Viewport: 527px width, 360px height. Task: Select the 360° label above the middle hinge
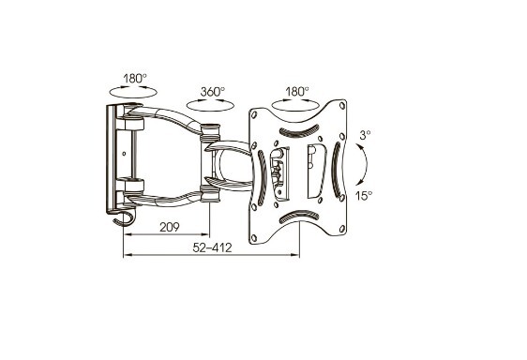pyautogui.click(x=213, y=92)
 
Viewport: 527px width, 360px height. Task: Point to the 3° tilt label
pyautogui.click(x=364, y=135)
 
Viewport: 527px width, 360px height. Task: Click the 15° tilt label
pyautogui.click(x=364, y=195)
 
